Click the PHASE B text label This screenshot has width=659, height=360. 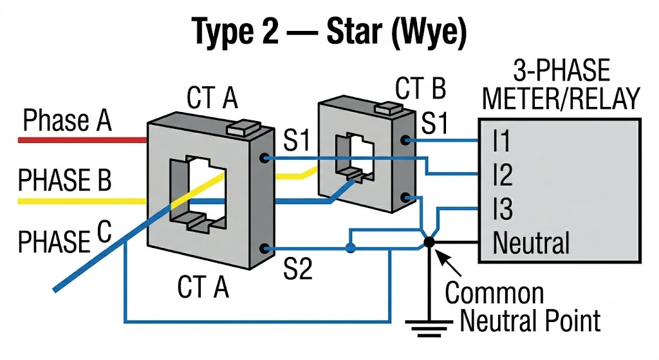64,181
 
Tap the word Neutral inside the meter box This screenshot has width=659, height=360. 531,243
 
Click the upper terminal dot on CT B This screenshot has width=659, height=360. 404,140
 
